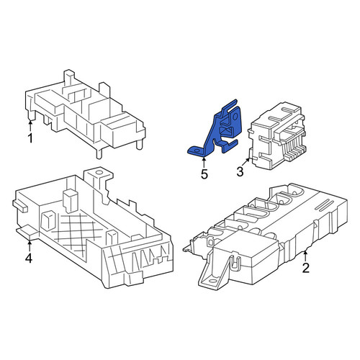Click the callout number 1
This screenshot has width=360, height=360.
[x=30, y=138]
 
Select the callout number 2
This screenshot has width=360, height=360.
[x=305, y=268]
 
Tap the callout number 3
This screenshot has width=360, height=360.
[x=240, y=172]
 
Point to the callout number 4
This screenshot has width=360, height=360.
[x=29, y=258]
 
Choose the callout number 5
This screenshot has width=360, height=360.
[x=204, y=174]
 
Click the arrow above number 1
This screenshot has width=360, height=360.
[x=30, y=126]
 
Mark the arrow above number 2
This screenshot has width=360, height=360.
[x=305, y=256]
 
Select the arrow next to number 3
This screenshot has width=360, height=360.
[x=246, y=161]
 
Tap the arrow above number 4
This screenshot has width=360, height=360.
[x=30, y=246]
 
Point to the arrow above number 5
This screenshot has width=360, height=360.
[x=204, y=163]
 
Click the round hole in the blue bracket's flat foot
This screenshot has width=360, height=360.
[x=197, y=151]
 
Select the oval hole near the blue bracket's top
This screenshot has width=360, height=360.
[x=235, y=117]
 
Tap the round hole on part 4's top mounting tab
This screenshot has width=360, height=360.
[x=98, y=172]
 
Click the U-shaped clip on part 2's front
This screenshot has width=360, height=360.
[x=235, y=262]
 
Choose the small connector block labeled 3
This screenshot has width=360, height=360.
[x=276, y=136]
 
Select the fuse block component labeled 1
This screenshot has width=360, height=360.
[x=85, y=114]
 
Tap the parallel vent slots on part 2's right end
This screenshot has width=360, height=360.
[x=324, y=204]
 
